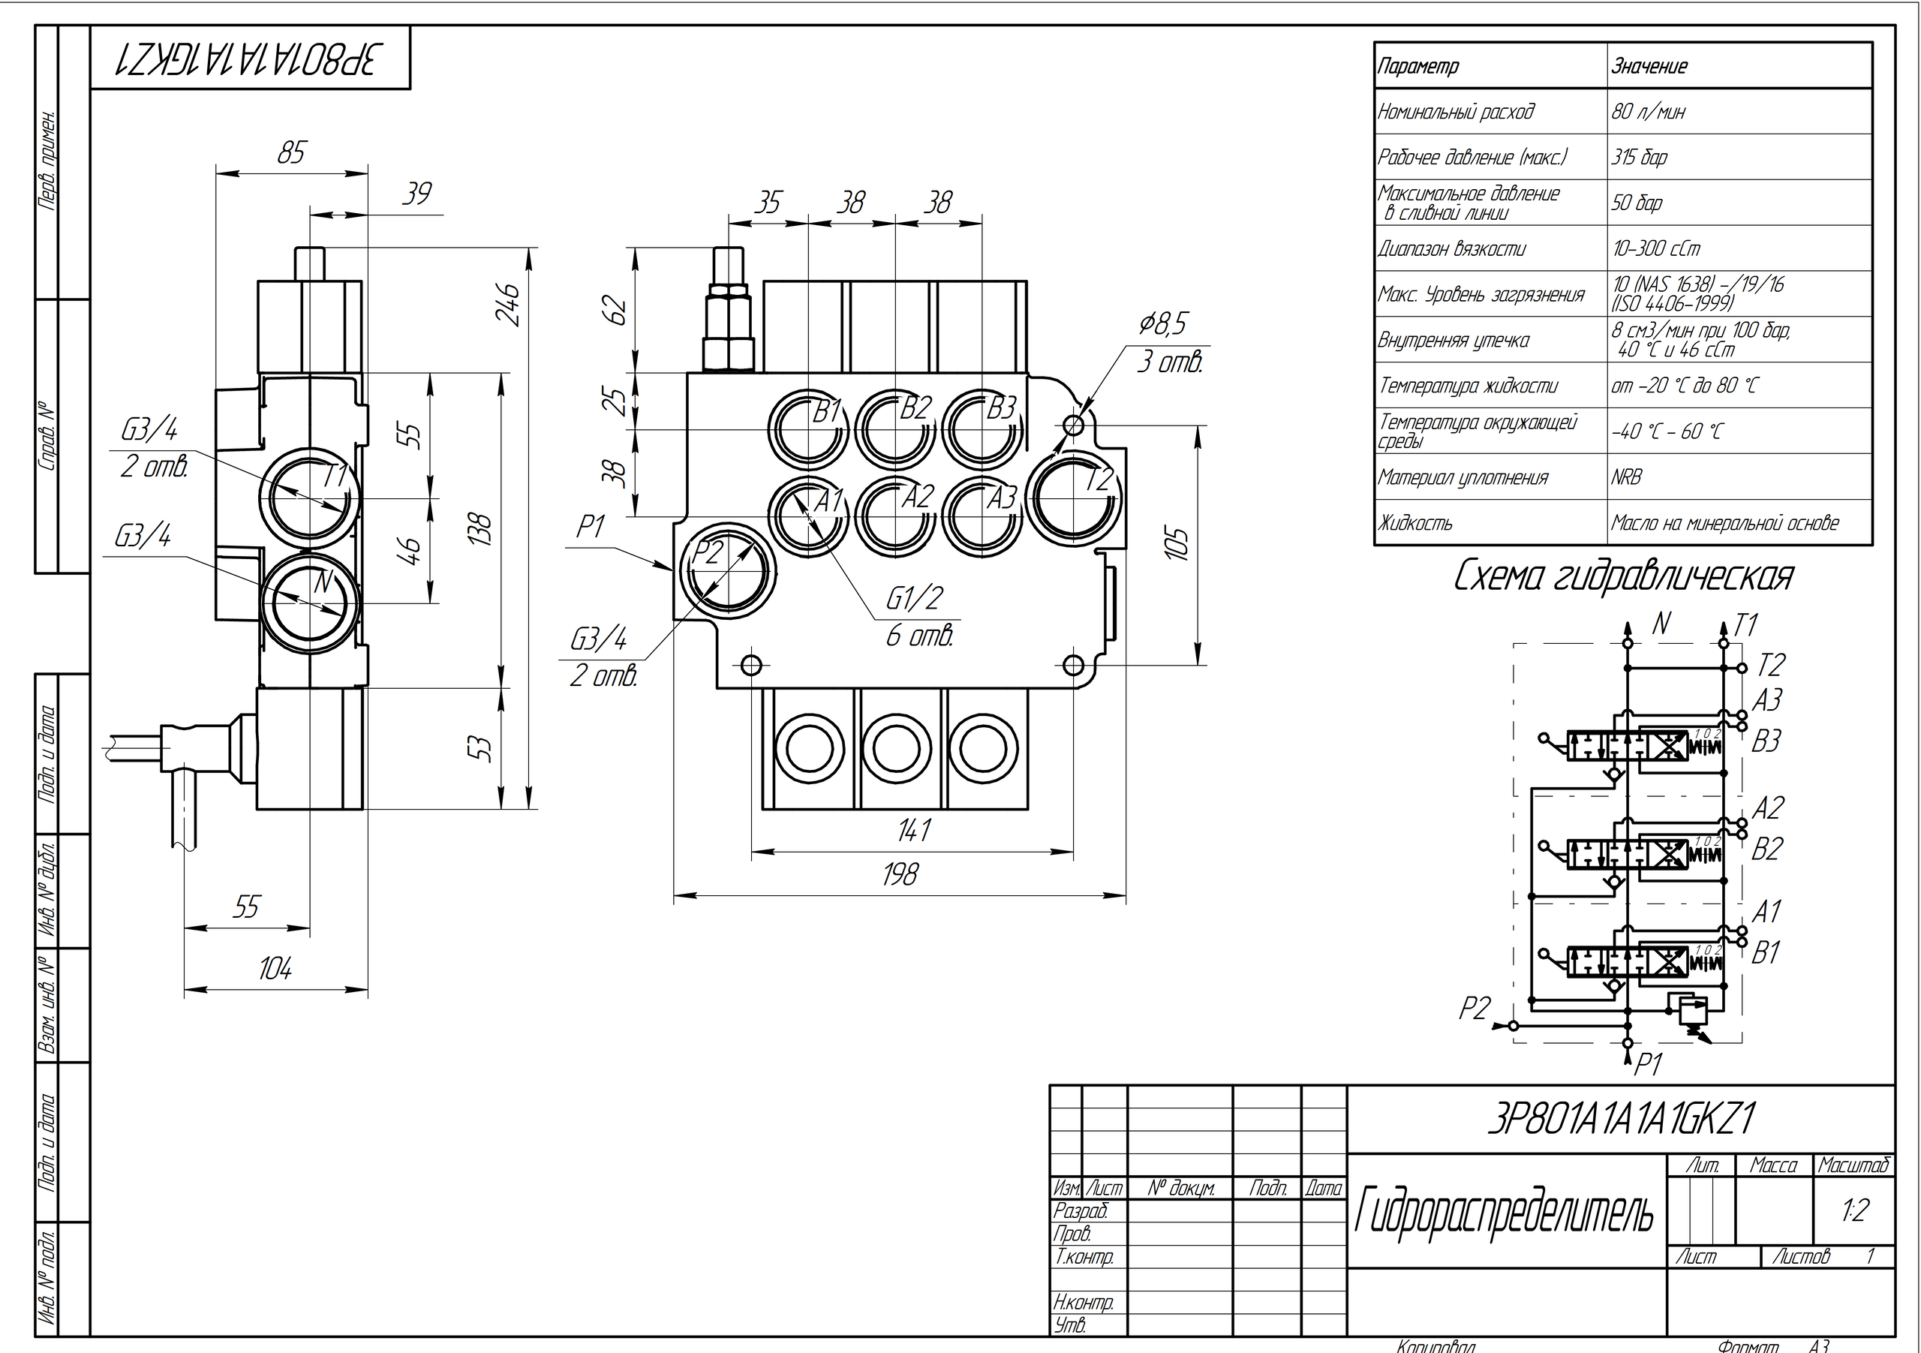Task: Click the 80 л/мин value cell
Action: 1649,111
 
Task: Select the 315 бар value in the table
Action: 1640,158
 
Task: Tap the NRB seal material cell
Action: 1627,477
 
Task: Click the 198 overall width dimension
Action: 900,874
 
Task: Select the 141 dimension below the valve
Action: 914,830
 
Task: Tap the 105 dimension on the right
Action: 1178,544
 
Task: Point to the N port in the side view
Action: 310,597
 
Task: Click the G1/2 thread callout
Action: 915,598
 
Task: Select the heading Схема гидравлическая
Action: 1623,576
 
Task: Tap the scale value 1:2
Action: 1854,1210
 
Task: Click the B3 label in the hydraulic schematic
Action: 1766,741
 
